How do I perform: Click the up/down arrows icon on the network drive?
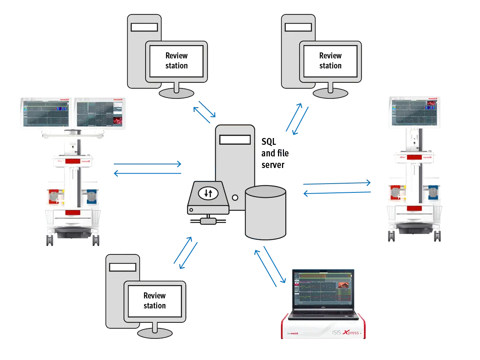tap(208, 193)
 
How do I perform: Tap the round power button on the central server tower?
tap(235, 197)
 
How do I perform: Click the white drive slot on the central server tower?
tap(235, 140)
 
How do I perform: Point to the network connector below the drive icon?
tap(208, 220)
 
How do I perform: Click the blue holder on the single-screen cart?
tap(433, 191)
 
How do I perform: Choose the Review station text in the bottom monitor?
tap(154, 300)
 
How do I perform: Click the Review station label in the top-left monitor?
tap(176, 60)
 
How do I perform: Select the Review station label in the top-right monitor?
tap(330, 60)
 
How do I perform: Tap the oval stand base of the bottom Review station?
tap(155, 333)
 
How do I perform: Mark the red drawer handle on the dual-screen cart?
tap(72, 212)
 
